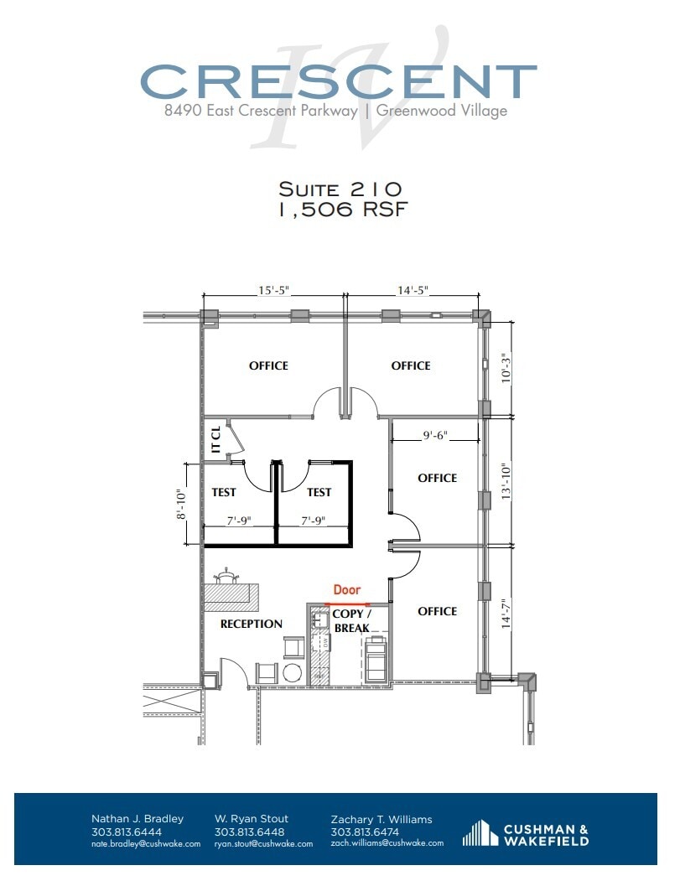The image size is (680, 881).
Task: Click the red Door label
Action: point(347,590)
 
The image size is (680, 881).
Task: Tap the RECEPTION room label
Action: point(251,624)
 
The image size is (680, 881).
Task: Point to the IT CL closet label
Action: point(215,439)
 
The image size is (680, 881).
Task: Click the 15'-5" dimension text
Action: point(274,291)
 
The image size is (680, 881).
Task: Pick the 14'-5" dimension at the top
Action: point(413,291)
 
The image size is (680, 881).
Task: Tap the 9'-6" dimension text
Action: point(437,435)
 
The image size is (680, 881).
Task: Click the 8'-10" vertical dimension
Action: point(179,504)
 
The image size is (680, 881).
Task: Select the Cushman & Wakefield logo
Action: point(526,834)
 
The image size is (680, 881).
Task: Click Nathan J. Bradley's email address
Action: point(145,843)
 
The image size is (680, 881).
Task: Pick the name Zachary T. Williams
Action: point(381,818)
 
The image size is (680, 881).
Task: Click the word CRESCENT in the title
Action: point(338,81)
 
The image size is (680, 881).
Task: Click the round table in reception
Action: point(293,672)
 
